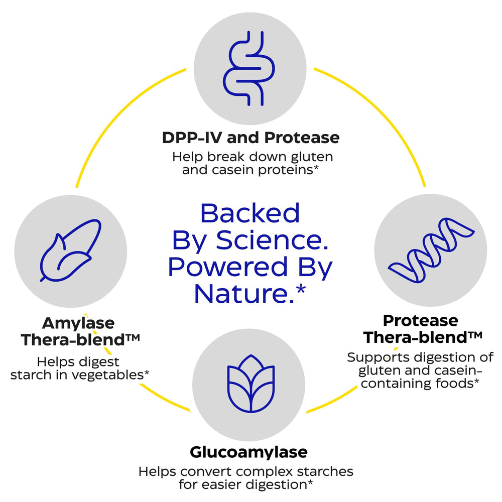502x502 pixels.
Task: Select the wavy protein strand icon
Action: pyautogui.click(x=430, y=250)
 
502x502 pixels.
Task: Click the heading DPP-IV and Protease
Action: pyautogui.click(x=250, y=138)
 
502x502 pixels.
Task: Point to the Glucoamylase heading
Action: pyautogui.click(x=248, y=452)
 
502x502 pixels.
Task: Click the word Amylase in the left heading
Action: pyautogui.click(x=78, y=323)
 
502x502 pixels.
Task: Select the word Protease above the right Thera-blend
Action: pyautogui.click(x=421, y=320)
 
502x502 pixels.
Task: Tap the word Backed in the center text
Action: pyautogui.click(x=249, y=213)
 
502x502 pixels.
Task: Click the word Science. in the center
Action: pyautogui.click(x=272, y=240)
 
